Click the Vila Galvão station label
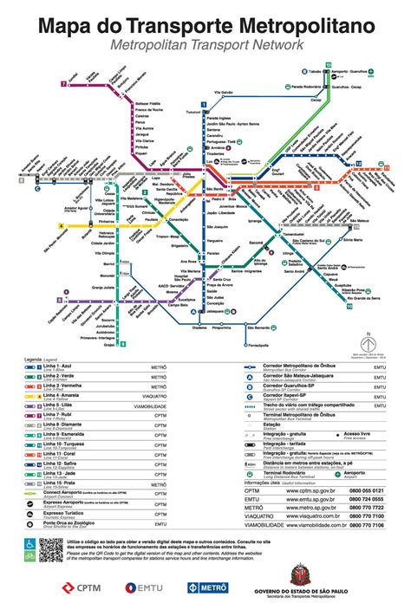[224, 92]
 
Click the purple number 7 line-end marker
[64, 84]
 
